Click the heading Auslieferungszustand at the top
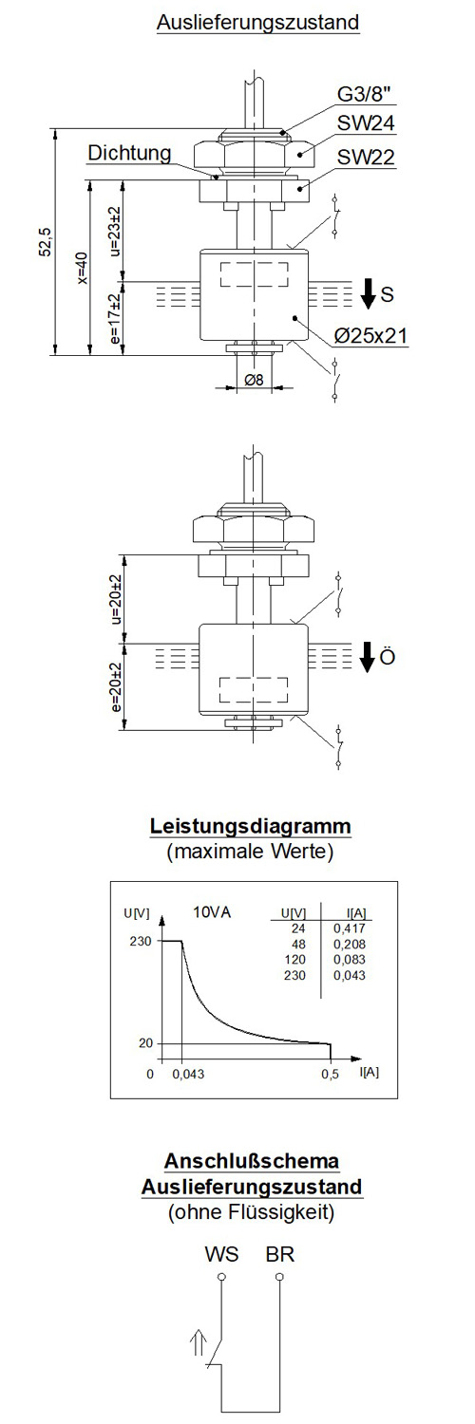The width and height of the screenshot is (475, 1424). tap(258, 23)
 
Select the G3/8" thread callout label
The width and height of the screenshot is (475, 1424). tap(365, 94)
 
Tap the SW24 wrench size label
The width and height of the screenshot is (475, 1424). tap(366, 123)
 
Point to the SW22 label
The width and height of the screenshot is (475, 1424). tap(366, 157)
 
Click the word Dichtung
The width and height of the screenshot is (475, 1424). tap(130, 153)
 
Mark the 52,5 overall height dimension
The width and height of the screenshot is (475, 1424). tap(46, 241)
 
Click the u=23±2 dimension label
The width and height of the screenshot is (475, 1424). tap(115, 231)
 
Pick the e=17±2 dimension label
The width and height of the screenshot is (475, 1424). tap(115, 319)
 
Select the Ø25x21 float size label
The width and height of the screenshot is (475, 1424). tap(370, 335)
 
